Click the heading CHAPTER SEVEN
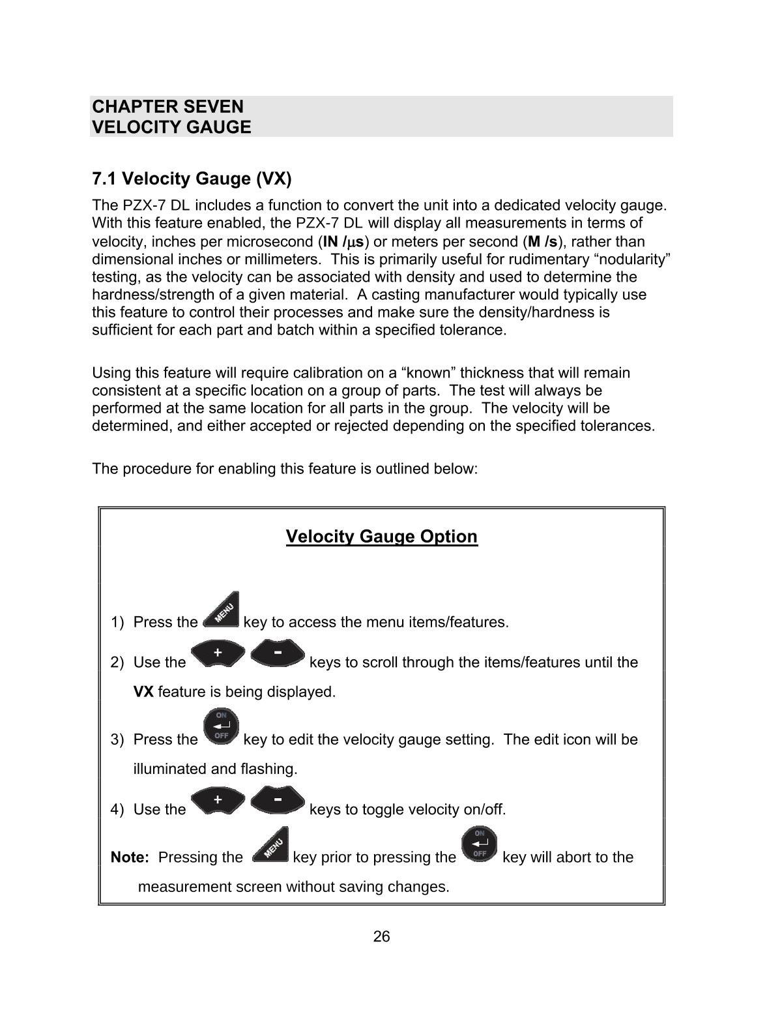[x=167, y=106]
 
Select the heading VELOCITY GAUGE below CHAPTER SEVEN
[x=171, y=127]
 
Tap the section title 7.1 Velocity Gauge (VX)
[x=192, y=178]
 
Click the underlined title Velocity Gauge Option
[x=381, y=537]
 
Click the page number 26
[x=381, y=937]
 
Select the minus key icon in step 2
[x=278, y=653]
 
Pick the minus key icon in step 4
[x=278, y=801]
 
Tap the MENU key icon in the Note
[x=270, y=846]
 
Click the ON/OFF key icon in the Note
[x=479, y=844]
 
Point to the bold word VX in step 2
[x=143, y=692]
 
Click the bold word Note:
[x=130, y=857]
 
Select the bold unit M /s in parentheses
[x=543, y=242]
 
